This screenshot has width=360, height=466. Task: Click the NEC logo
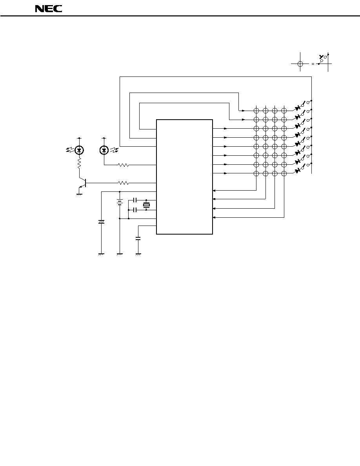pos(48,9)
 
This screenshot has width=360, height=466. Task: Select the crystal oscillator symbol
pos(146,205)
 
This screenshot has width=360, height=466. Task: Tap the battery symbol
pos(119,202)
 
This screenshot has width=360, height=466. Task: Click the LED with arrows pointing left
pos(79,150)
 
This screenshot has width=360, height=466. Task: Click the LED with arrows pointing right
pos(104,150)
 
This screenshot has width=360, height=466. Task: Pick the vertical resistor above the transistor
pos(79,163)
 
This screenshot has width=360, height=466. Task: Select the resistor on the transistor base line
pos(123,183)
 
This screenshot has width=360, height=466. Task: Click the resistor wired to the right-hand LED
pos(123,165)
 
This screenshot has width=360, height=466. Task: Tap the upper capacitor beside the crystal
pos(135,199)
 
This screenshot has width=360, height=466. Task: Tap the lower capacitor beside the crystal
pos(135,210)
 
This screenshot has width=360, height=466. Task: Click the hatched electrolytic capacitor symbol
pos(101,222)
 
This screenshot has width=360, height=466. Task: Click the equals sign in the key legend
pos(313,64)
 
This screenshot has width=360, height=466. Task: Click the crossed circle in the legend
pos(300,64)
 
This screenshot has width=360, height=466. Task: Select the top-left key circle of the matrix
pos(256,111)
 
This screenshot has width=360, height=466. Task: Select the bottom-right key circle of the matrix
pos(284,173)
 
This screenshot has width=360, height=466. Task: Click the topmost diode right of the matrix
pos(298,108)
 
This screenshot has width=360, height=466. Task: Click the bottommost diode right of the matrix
pos(298,171)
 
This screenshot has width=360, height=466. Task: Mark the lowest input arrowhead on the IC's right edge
pos(215,218)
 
